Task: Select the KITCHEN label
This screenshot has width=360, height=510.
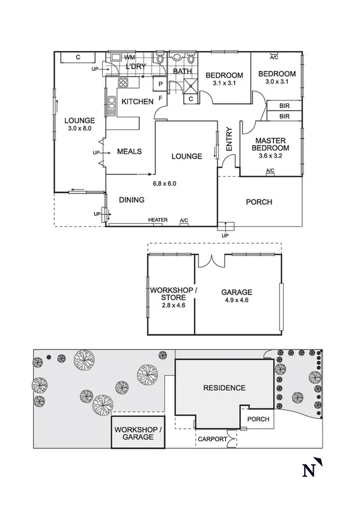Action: coord(138,102)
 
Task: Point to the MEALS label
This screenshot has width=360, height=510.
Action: coord(129,152)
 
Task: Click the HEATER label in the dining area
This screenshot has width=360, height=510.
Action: coord(157,220)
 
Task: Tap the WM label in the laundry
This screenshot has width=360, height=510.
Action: coord(129,58)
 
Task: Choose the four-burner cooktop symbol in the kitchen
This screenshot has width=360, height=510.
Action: coord(124,83)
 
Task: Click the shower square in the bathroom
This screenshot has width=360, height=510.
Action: coord(189,85)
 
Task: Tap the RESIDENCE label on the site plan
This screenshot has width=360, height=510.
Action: coord(224,388)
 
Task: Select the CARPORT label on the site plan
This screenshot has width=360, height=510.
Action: coord(213,439)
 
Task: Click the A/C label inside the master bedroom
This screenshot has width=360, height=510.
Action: coord(270,171)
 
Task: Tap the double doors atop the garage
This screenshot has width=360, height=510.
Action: coord(210,260)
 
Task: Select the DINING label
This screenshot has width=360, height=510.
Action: coord(131,200)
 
